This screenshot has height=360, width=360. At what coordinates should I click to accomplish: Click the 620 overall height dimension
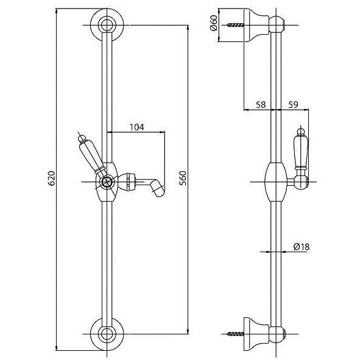click(52, 178)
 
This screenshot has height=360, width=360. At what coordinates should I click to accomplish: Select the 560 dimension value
click(183, 178)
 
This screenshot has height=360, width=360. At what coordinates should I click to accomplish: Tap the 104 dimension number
click(137, 127)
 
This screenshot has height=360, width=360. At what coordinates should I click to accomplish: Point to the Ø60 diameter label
click(214, 23)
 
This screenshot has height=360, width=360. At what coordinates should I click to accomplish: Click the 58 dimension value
click(261, 105)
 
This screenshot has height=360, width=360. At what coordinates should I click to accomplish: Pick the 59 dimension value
click(293, 105)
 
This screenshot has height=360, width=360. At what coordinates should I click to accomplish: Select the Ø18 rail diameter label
click(302, 247)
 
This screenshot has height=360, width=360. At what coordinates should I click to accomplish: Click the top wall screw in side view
click(235, 25)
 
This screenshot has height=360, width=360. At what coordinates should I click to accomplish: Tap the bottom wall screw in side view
click(235, 334)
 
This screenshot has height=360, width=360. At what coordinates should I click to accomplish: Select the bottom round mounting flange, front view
click(107, 344)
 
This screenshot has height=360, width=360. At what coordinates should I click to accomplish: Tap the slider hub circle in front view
click(107, 182)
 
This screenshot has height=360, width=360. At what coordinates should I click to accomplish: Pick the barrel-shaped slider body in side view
click(276, 182)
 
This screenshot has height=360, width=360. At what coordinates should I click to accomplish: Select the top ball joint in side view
click(277, 24)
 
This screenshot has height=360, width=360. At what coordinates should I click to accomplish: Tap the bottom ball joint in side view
click(277, 334)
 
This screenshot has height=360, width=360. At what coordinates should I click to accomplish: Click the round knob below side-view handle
click(302, 183)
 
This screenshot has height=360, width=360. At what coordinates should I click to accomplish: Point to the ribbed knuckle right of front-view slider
click(127, 182)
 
